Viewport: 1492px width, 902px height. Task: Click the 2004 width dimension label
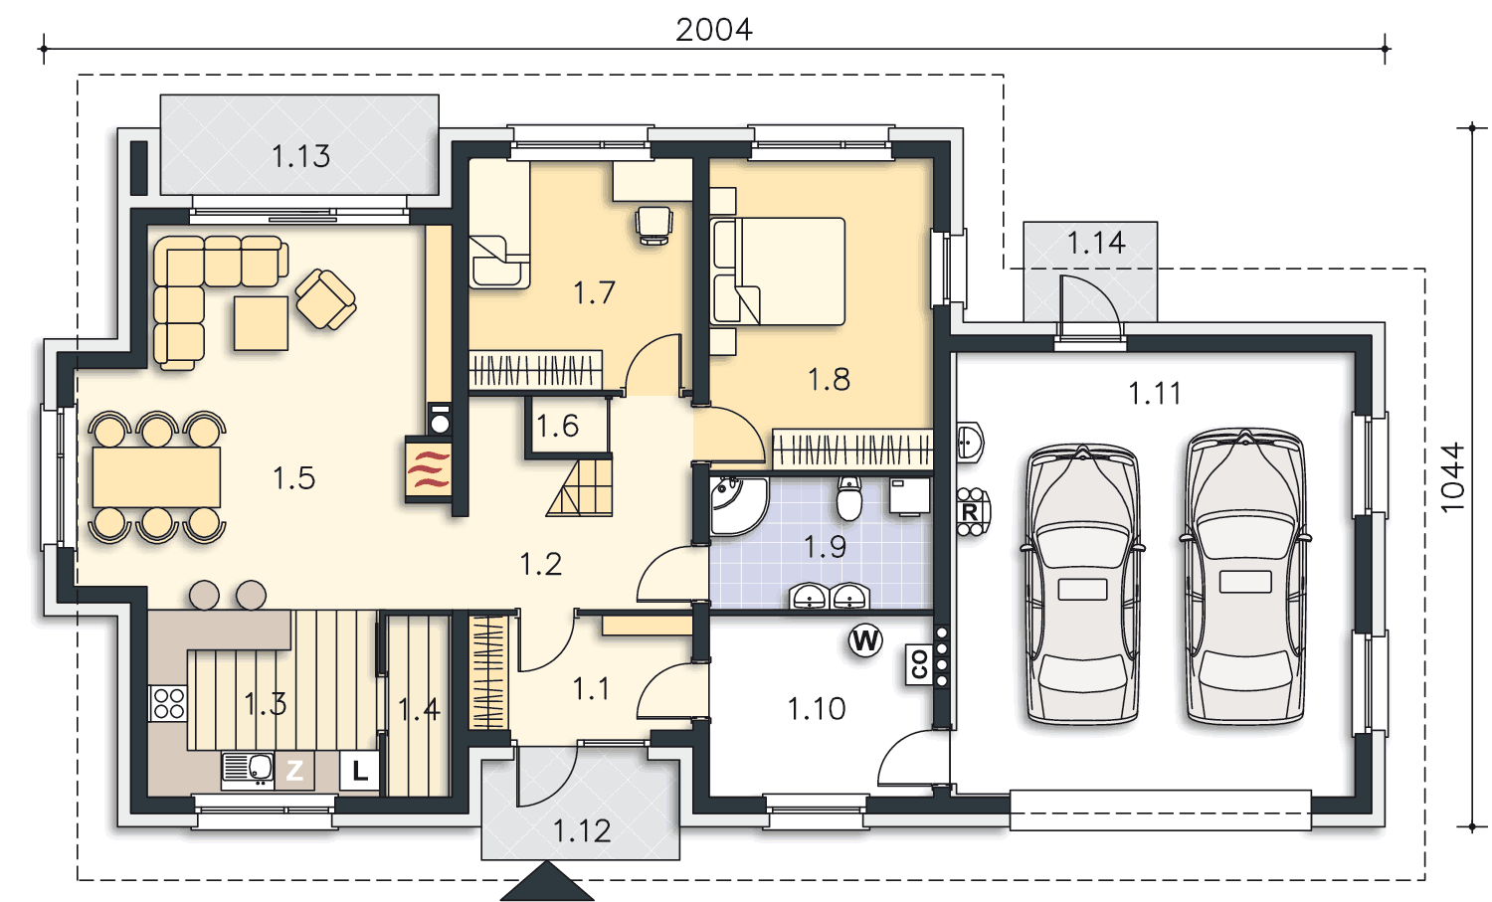click(x=713, y=30)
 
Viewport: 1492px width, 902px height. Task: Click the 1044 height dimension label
click(x=1452, y=477)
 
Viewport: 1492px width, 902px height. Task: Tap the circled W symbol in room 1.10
click(x=865, y=640)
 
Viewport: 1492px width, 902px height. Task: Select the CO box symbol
click(x=919, y=663)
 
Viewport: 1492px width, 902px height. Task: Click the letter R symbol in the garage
click(x=970, y=512)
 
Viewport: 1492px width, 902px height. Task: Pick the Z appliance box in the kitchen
click(x=294, y=771)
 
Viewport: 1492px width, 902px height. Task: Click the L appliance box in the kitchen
click(x=360, y=771)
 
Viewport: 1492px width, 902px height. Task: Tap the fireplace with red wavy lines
click(x=429, y=469)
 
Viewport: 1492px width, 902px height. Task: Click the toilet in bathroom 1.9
click(x=849, y=498)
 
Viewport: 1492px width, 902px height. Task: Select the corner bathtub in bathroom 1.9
click(x=737, y=505)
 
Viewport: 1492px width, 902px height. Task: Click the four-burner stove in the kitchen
click(x=168, y=703)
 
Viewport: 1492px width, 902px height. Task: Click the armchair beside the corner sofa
click(x=325, y=299)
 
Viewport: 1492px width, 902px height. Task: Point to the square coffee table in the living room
click(x=261, y=324)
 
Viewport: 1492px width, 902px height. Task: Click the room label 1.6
click(x=557, y=427)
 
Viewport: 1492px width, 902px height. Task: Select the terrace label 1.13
click(x=300, y=156)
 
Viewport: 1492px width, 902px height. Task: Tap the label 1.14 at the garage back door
click(x=1096, y=243)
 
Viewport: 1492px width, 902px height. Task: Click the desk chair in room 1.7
click(x=653, y=225)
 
